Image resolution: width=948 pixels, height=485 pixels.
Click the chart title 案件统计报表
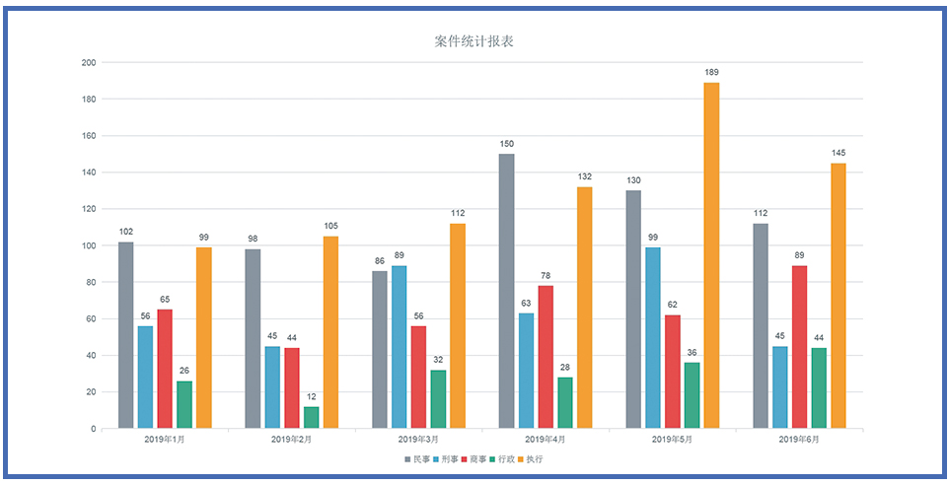[x=474, y=41]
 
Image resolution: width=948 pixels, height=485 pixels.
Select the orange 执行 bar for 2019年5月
[x=711, y=255]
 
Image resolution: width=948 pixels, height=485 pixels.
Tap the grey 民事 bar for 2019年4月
[x=506, y=291]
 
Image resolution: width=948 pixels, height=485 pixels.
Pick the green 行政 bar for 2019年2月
[x=311, y=417]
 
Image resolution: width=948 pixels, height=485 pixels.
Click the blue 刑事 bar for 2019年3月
[x=399, y=347]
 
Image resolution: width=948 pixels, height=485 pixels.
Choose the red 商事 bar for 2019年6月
[x=799, y=347]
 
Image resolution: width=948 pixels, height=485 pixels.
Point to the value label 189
[x=711, y=72]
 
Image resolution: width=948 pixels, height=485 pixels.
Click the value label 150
[x=506, y=144]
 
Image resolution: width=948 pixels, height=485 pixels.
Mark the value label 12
[x=311, y=396]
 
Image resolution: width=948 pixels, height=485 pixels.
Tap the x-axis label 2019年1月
[x=165, y=439]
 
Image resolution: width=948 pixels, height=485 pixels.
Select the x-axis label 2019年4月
[x=545, y=439]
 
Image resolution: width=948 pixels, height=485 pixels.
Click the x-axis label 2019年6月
[x=799, y=439]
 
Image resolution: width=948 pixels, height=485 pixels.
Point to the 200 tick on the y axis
[x=89, y=62]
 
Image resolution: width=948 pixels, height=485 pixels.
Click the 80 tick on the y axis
[x=91, y=282]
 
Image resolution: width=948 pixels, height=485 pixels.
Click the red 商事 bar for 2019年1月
[x=165, y=369]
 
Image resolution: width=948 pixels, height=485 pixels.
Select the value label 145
[x=838, y=153]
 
